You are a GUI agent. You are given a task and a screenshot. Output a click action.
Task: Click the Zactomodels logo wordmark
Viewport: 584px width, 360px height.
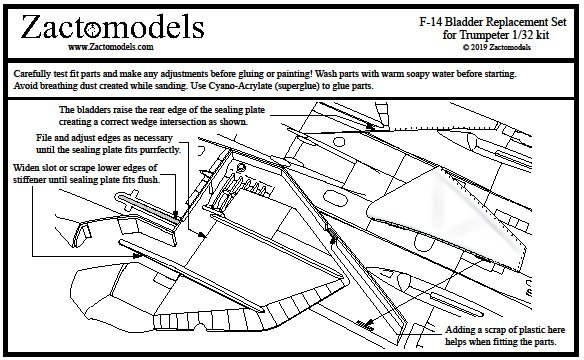[112, 27]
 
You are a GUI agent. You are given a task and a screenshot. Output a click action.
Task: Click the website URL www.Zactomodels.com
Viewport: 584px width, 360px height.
[111, 47]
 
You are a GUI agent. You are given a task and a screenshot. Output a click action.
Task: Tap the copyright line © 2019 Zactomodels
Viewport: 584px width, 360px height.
[496, 47]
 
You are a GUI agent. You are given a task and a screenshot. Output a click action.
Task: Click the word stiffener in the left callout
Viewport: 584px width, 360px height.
[29, 179]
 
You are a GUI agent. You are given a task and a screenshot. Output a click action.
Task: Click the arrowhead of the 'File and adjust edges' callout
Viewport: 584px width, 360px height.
[203, 235]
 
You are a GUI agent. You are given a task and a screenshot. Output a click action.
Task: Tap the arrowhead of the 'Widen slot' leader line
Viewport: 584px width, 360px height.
[138, 256]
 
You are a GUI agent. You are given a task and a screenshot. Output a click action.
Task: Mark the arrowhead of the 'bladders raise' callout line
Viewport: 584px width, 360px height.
[369, 126]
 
